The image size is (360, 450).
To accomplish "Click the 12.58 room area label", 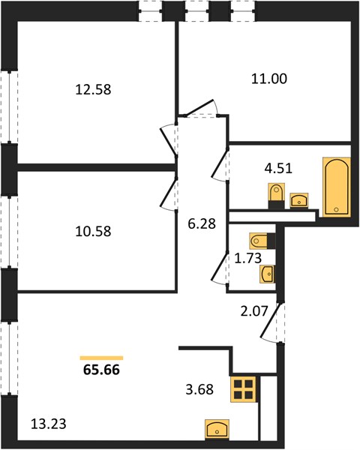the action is tap(93, 89).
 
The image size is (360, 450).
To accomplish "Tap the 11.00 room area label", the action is tap(269, 79).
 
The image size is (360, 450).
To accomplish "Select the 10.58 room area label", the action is tap(93, 231).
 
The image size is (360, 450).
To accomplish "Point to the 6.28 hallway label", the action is tap(202, 223).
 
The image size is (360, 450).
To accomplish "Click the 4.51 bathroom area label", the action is tap(278, 168).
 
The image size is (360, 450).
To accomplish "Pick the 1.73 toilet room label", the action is tap(247, 258).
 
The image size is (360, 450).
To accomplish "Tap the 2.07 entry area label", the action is tap(254, 311).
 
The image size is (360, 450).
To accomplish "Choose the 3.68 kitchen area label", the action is tap(199, 389).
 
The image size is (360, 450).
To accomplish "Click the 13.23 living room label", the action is tap(48, 424).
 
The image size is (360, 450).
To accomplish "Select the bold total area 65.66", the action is tap(101, 370).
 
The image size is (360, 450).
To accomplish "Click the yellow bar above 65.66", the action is tap(101, 358).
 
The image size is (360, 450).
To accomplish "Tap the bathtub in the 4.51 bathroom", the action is tap(337, 187).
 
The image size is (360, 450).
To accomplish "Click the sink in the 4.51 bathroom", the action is tap(298, 200).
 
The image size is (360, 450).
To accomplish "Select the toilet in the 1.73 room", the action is tap(262, 241).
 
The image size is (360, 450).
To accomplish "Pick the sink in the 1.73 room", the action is tap(267, 274).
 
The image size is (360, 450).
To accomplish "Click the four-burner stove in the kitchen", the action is tap(244, 389).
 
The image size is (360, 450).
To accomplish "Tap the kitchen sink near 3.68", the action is tap(217, 429).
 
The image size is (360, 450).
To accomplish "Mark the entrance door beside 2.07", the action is tap(271, 322).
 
